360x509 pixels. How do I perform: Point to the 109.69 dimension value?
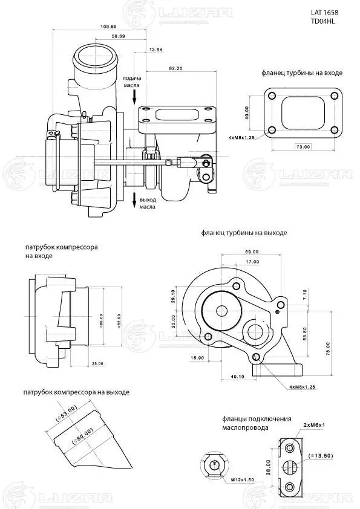click(110, 27)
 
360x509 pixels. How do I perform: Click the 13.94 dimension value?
click(155, 48)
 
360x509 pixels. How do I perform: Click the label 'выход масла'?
click(148, 203)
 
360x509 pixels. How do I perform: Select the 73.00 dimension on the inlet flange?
click(303, 146)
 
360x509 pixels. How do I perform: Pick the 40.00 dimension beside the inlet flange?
click(247, 112)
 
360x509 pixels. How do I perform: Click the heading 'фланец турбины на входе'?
click(302, 73)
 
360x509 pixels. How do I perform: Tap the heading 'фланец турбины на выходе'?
click(244, 232)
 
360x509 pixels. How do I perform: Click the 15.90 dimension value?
click(197, 358)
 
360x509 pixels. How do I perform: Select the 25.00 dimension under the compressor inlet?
click(97, 363)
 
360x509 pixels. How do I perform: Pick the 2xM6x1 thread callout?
click(314, 425)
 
